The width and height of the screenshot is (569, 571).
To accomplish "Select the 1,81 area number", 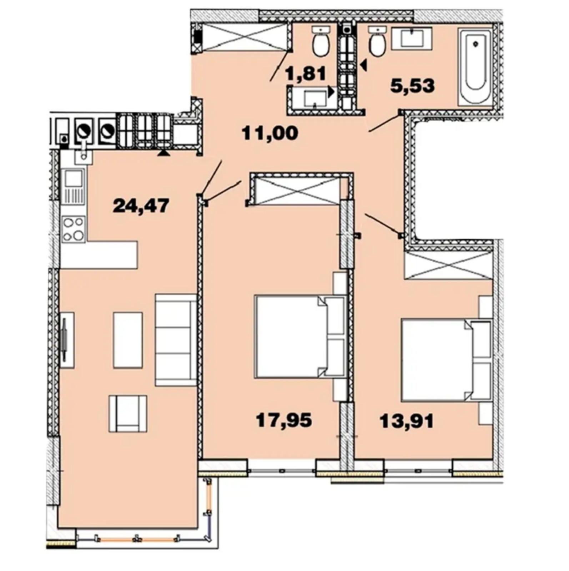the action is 306,74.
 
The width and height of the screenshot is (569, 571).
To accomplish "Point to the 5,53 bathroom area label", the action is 413,86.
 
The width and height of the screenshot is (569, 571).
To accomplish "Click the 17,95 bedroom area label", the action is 284,420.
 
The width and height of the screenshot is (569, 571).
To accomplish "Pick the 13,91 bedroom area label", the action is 407,421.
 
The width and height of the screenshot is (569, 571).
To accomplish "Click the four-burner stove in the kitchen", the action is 74,229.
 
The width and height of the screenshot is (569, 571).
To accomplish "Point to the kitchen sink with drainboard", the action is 73,186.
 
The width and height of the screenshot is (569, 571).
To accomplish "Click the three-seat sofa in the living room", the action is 176,340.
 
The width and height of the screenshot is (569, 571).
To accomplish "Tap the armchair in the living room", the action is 128,414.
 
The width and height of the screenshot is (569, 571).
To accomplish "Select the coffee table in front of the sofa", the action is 128,340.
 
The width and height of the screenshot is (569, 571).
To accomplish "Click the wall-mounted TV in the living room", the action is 65,340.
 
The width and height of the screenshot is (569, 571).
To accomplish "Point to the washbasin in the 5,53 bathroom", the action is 412,38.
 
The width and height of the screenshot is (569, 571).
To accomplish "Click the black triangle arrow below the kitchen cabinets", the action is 163,153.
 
